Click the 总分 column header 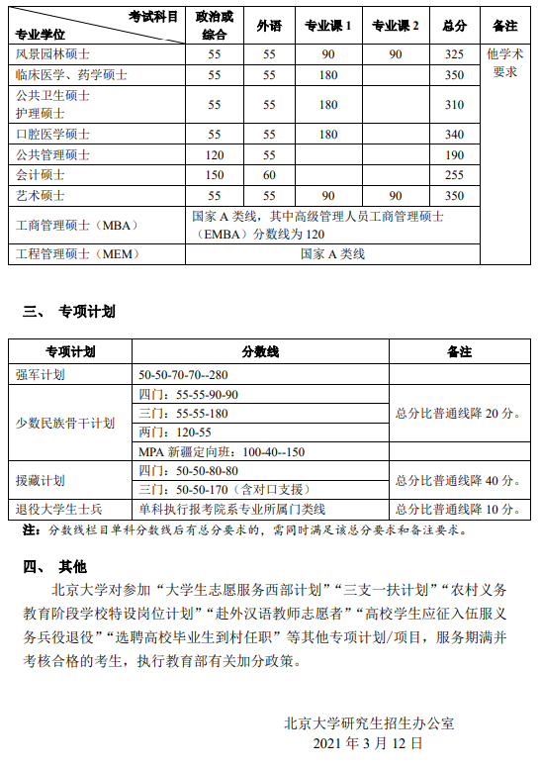[x=454, y=26]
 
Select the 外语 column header [x=269, y=26]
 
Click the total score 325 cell [x=454, y=53]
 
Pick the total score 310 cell [x=454, y=104]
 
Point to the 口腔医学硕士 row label [x=52, y=134]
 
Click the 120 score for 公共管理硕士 [x=215, y=154]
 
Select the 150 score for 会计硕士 [x=215, y=174]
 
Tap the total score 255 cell [x=454, y=174]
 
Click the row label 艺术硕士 [x=41, y=195]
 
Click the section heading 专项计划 [x=86, y=312]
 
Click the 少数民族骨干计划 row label [x=65, y=423]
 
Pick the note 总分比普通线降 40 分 [x=457, y=480]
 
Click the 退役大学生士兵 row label [x=58, y=509]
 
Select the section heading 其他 [x=72, y=567]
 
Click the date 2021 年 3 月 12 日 [x=367, y=742]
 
